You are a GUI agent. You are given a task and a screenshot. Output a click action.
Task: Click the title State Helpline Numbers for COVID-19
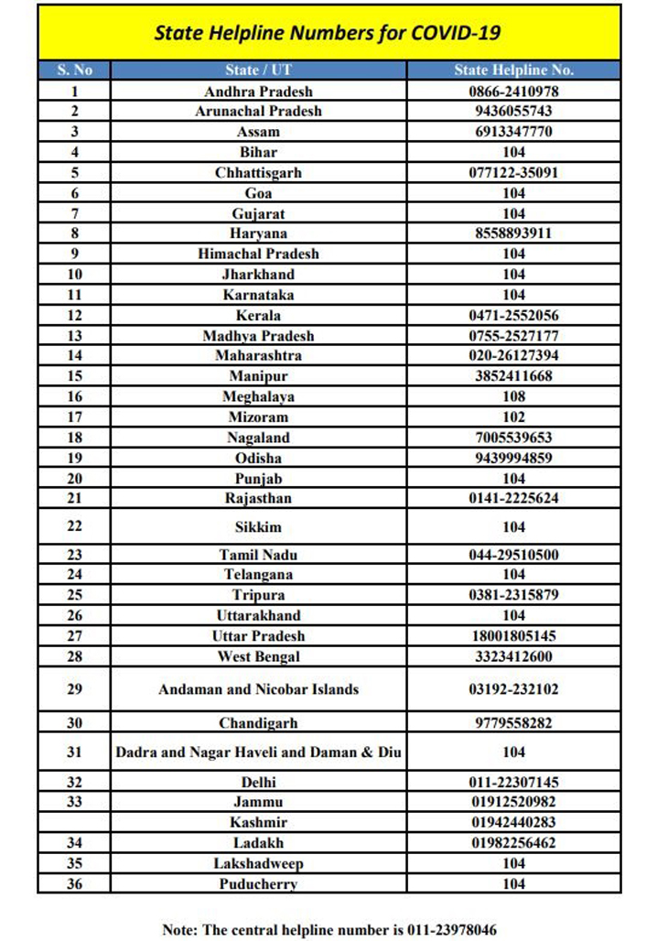(x=328, y=34)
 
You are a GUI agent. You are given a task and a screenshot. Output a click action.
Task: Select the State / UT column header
(x=258, y=70)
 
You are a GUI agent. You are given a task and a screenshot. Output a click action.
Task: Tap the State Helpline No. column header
(x=513, y=70)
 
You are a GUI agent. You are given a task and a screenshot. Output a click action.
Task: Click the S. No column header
(x=74, y=70)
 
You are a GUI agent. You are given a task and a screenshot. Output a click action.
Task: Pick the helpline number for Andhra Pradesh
(x=513, y=92)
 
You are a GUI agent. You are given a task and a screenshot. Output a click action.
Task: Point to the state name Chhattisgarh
(x=258, y=172)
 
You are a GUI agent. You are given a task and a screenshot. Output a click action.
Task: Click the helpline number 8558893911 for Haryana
(x=513, y=233)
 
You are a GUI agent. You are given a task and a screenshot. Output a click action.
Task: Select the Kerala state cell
(x=258, y=315)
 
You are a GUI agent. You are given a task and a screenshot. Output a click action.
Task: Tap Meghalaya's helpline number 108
(x=513, y=396)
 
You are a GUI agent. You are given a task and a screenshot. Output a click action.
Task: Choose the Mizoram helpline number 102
(x=513, y=416)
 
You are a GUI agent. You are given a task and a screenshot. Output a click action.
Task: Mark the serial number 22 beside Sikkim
(x=74, y=526)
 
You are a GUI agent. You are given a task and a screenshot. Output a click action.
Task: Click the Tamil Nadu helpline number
(x=513, y=555)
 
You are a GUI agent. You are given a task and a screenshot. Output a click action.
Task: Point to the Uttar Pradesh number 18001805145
(x=513, y=636)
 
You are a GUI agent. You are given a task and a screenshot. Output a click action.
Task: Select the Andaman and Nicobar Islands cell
(x=258, y=689)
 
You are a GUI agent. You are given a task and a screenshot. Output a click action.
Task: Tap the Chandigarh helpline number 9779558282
(x=513, y=723)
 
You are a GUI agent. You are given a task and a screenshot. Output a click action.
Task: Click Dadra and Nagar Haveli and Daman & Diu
(x=258, y=752)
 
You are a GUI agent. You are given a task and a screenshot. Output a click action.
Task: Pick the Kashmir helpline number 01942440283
(x=513, y=822)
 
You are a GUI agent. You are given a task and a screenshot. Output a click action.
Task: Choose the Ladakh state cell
(x=258, y=843)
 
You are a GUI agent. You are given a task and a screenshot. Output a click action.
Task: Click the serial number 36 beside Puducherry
(x=74, y=884)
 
